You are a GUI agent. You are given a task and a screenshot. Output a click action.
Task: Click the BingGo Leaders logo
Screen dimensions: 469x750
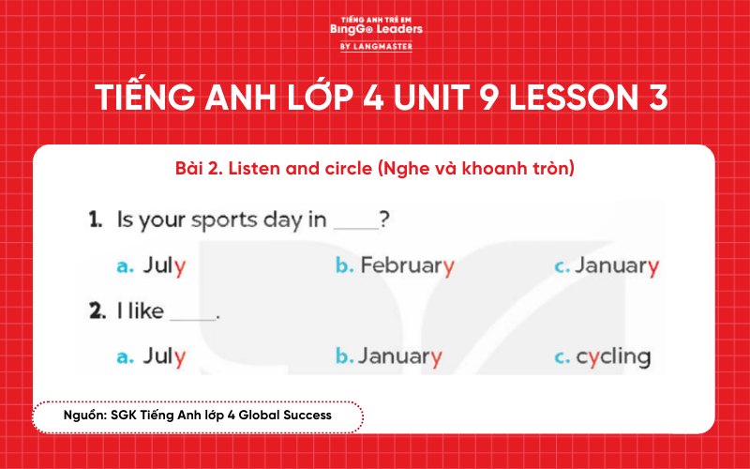376,29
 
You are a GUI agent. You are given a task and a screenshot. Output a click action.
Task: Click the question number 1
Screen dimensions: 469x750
95,220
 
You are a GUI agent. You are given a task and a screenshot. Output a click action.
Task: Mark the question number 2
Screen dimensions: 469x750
96,311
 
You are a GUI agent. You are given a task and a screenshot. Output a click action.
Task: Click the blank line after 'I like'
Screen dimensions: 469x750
193,316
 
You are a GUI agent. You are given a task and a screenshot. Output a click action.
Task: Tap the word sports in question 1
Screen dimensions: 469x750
222,221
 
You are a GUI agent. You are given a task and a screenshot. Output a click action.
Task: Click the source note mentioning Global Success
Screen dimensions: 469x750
197,415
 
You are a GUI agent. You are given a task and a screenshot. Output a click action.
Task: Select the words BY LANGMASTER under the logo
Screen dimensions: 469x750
376,46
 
